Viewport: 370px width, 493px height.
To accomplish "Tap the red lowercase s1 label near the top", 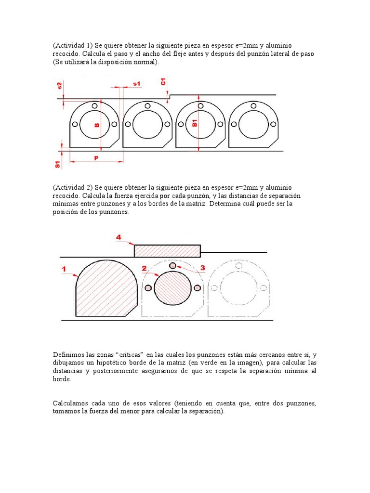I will pyautogui.click(x=136, y=84).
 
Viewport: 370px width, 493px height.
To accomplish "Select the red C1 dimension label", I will pyautogui.click(x=163, y=82).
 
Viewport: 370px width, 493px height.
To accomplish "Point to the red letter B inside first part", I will pyautogui.click(x=96, y=125).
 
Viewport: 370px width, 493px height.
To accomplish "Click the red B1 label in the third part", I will pyautogui.click(x=195, y=122).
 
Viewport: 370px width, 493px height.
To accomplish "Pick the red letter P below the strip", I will pyautogui.click(x=96, y=157).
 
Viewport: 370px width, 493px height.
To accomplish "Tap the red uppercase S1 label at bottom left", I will pyautogui.click(x=58, y=164).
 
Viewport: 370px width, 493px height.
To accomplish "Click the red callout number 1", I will pyautogui.click(x=64, y=270).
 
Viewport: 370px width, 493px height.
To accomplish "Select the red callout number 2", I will pyautogui.click(x=144, y=268).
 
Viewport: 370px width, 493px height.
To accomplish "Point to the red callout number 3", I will pyautogui.click(x=202, y=268).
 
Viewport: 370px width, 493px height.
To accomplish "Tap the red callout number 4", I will pyautogui.click(x=119, y=237).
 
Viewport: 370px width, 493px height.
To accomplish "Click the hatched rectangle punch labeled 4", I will pyautogui.click(x=167, y=251).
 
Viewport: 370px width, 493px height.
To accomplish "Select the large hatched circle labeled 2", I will pyautogui.click(x=172, y=288).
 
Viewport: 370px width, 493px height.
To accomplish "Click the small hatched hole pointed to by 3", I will pyautogui.click(x=172, y=266).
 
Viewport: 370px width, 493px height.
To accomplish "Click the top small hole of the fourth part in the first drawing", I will pyautogui.click(x=253, y=105).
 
